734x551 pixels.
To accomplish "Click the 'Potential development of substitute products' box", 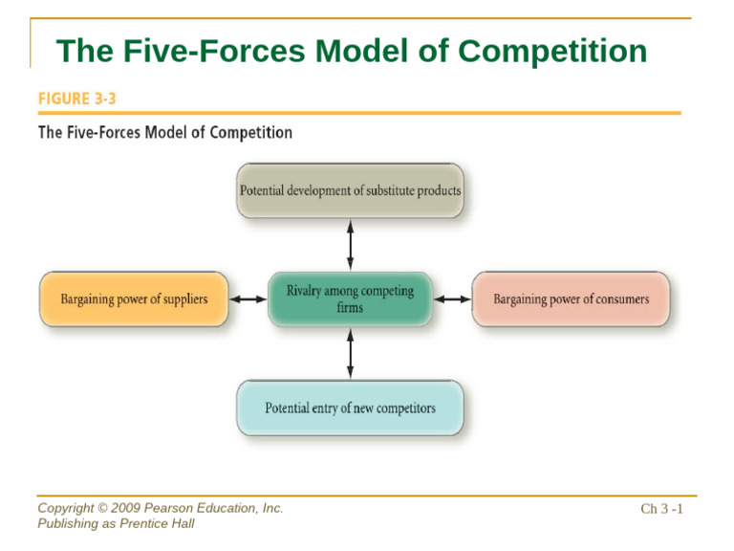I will pyautogui.click(x=350, y=190).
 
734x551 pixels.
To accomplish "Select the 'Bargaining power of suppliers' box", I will pyautogui.click(x=134, y=298).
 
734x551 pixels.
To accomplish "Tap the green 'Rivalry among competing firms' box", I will pyautogui.click(x=350, y=298).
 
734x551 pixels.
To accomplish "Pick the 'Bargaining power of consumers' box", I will pyautogui.click(x=571, y=298).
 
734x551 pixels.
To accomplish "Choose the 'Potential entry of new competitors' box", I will pyautogui.click(x=350, y=408).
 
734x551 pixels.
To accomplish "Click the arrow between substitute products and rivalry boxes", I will pyautogui.click(x=350, y=244).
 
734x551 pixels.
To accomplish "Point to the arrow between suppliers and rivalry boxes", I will pyautogui.click(x=248, y=298).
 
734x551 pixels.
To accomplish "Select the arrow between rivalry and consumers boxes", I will pyautogui.click(x=452, y=298).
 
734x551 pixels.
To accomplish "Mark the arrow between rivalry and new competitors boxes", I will pyautogui.click(x=350, y=353).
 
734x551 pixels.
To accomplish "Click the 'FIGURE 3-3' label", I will pyautogui.click(x=76, y=99).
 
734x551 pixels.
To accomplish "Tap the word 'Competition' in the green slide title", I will pyautogui.click(x=551, y=51).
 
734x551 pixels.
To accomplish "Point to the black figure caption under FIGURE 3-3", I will pyautogui.click(x=164, y=132).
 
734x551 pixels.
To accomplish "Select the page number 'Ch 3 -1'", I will pyautogui.click(x=661, y=509).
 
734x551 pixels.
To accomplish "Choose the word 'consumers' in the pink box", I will pyautogui.click(x=619, y=298).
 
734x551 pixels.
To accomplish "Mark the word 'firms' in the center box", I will pyautogui.click(x=350, y=308).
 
